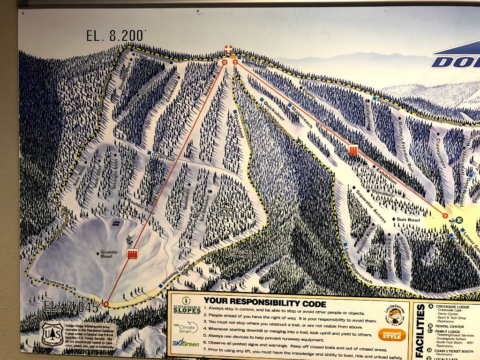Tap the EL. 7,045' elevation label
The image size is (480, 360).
72,307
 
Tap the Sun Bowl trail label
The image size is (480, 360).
407,219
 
